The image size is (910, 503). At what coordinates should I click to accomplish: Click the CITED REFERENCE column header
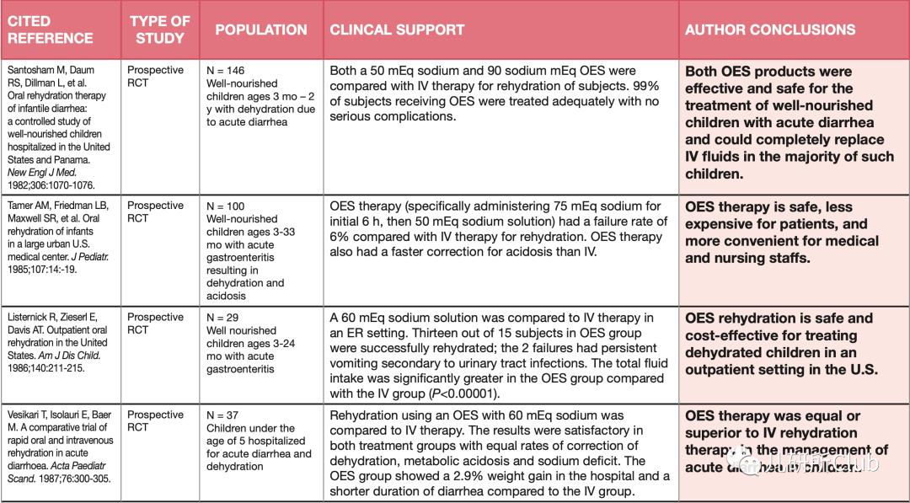pos(51,29)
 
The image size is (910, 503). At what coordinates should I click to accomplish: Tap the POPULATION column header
pos(261,29)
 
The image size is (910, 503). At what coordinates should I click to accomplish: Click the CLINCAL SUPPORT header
pos(397,29)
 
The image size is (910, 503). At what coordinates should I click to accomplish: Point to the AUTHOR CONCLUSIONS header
pos(769,29)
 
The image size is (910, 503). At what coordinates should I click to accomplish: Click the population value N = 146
pos(226,71)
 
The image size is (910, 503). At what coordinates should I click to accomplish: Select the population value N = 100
pos(226,206)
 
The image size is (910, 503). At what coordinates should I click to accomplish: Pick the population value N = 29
pos(222,318)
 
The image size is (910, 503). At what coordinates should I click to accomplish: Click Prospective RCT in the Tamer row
pos(154,212)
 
